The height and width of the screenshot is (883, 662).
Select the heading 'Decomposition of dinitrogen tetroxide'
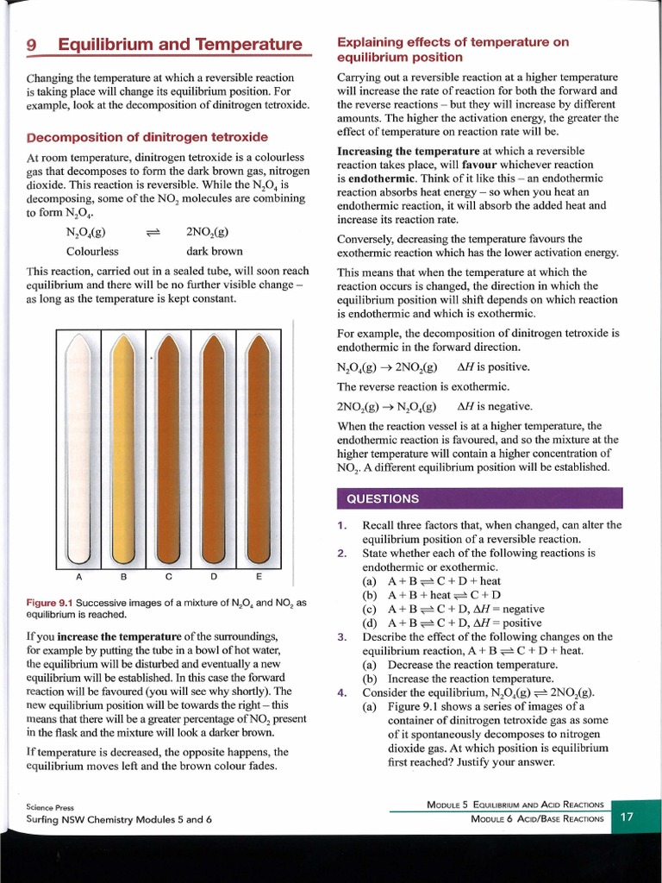point(147,137)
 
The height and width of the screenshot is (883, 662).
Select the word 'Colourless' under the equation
point(92,252)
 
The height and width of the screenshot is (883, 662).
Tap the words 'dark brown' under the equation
point(215,252)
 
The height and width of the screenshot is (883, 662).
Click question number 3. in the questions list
point(341,637)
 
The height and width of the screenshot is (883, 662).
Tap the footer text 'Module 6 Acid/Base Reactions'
point(538,818)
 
